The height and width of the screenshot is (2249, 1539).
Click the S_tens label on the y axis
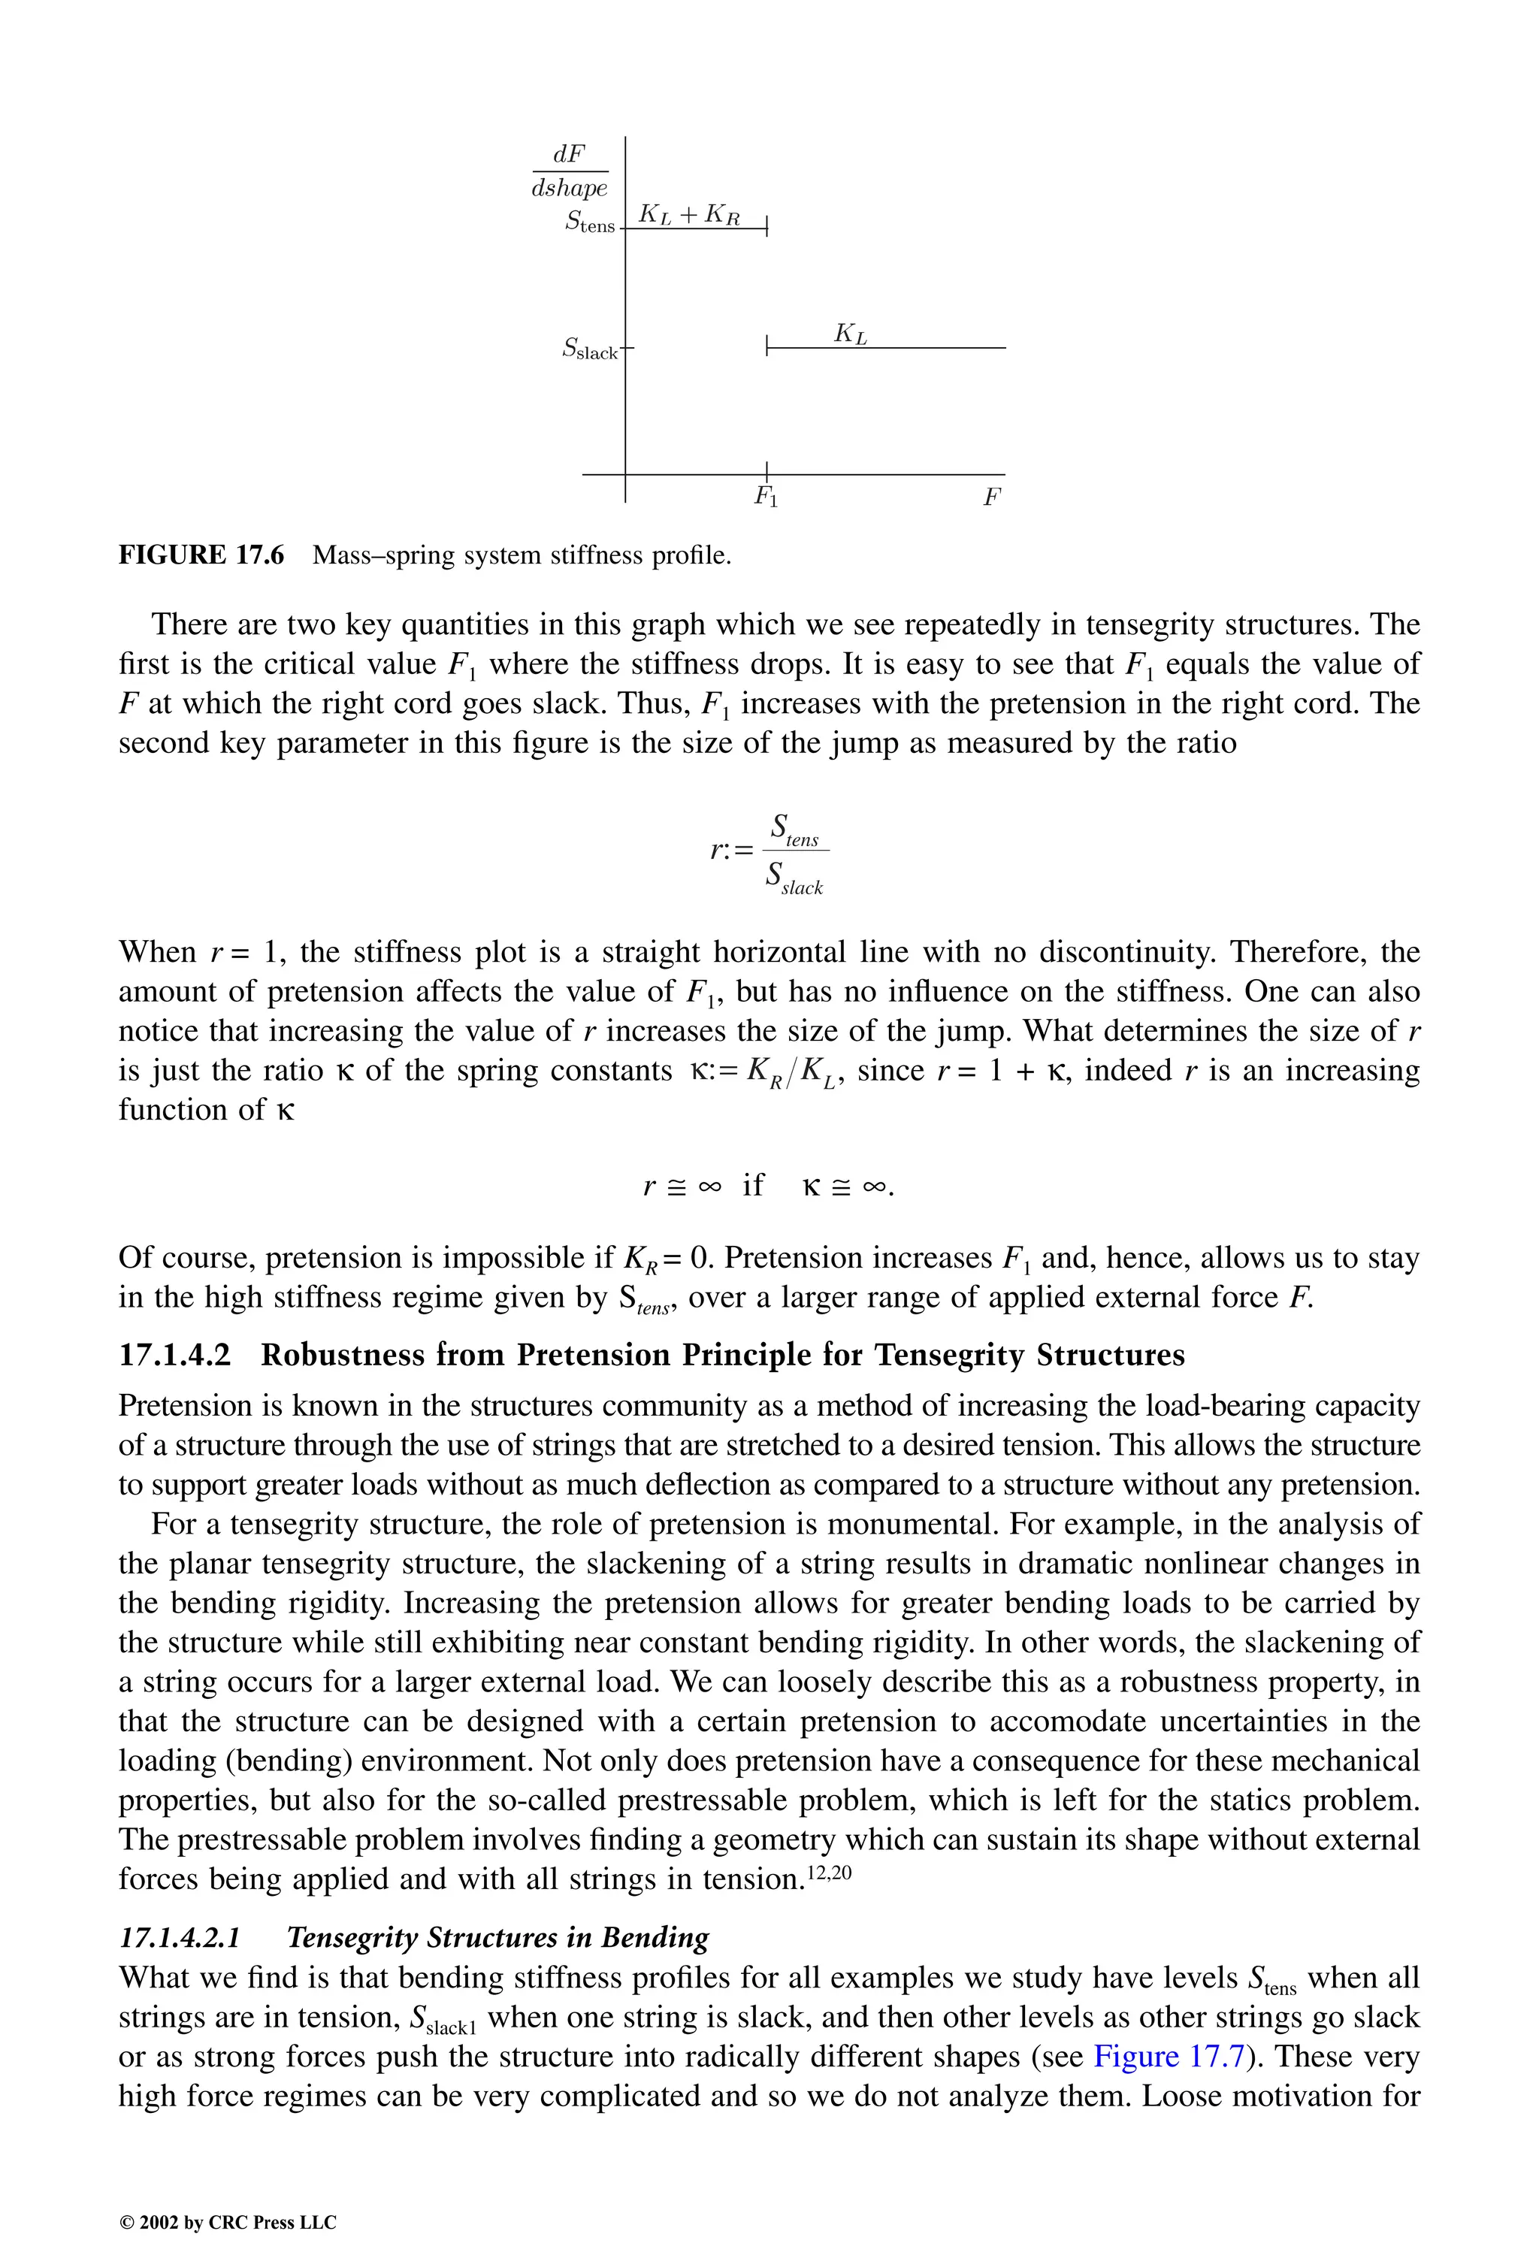[589, 222]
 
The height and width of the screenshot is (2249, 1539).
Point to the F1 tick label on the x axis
[766, 497]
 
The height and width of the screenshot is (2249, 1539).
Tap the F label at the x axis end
[991, 497]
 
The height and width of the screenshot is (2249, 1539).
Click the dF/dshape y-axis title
[569, 171]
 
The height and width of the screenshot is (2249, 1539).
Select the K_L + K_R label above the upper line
[689, 214]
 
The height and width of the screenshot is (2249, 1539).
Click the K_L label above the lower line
[850, 335]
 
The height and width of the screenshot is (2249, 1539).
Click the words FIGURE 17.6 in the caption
[201, 555]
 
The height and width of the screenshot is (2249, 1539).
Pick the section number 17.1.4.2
[175, 1355]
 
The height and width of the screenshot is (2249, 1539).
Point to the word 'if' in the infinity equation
[752, 1184]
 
